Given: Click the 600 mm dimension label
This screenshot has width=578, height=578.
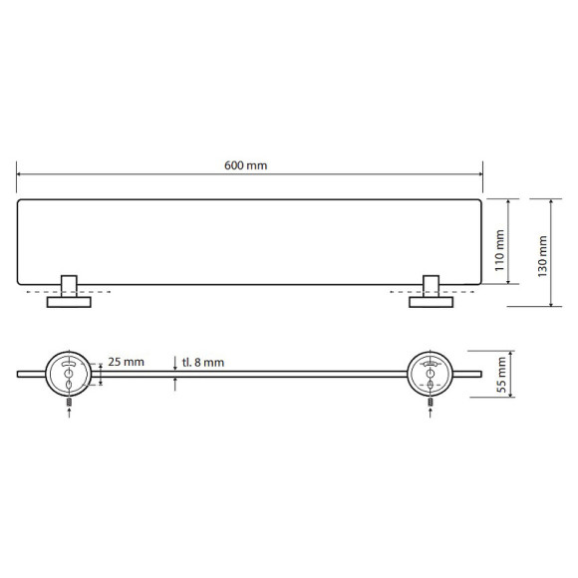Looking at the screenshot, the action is (x=245, y=165).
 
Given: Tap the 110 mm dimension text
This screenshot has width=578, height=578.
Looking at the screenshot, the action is (x=499, y=251).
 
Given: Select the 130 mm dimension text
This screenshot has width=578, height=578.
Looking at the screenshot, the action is (x=542, y=256).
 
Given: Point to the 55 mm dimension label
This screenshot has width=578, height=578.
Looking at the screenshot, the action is (x=501, y=375).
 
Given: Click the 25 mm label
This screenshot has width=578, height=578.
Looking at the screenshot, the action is (x=126, y=362).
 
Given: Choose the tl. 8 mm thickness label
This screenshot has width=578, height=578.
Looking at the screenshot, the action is (x=203, y=363).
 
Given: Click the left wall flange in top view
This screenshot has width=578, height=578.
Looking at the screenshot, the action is (x=69, y=302).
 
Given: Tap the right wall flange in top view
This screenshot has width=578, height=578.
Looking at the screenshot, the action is (x=432, y=302).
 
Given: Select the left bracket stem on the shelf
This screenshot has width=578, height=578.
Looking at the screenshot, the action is (x=69, y=286).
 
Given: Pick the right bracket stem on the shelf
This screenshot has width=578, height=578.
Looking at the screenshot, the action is (x=431, y=286).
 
